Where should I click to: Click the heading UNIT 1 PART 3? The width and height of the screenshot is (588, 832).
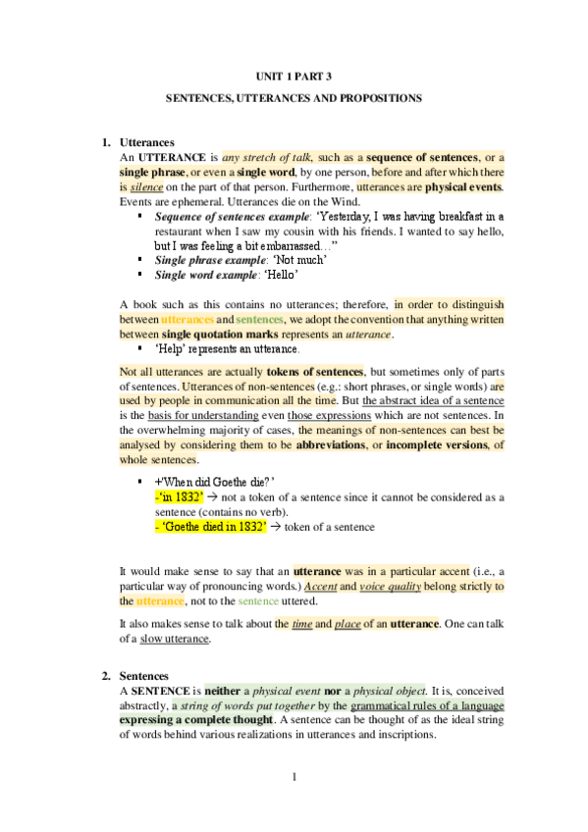pos(294,77)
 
